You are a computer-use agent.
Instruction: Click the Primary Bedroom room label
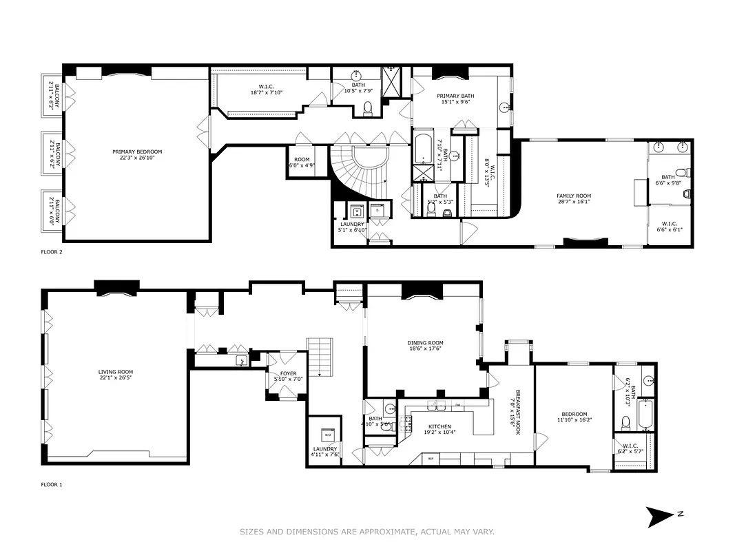point(137,154)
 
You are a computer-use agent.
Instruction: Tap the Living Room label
point(116,375)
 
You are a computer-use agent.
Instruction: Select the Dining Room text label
point(426,346)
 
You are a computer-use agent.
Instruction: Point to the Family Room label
point(574,199)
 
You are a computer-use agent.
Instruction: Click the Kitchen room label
point(439,429)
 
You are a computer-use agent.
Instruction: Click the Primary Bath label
point(455,98)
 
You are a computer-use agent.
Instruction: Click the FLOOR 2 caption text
point(52,253)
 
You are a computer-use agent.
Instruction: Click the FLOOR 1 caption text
point(52,485)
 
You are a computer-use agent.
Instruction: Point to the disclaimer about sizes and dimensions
point(367,532)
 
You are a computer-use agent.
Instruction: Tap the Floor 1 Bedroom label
point(573,417)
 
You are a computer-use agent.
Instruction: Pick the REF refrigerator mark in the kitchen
point(431,458)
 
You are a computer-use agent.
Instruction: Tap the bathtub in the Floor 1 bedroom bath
point(645,414)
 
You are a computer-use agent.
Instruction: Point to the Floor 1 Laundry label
point(324,451)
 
